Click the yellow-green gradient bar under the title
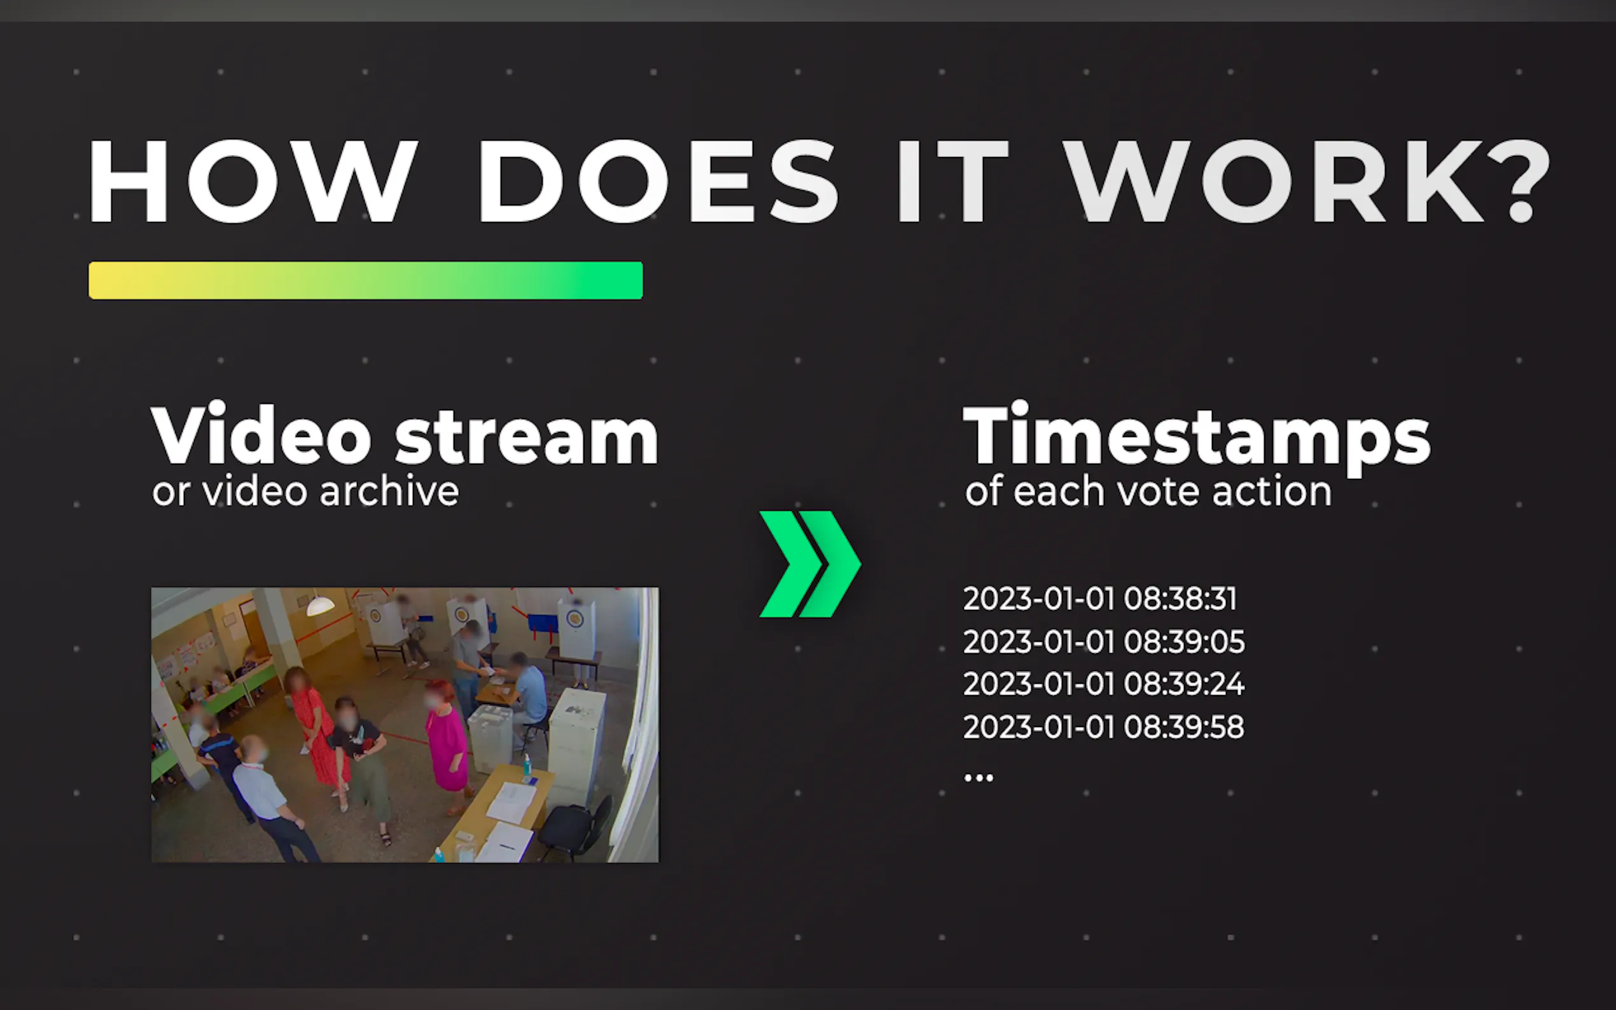pyautogui.click(x=366, y=280)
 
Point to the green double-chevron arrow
pyautogui.click(x=811, y=564)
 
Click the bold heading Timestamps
pyautogui.click(x=1197, y=438)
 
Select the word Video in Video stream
pyautogui.click(x=261, y=434)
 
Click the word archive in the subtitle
pyautogui.click(x=389, y=491)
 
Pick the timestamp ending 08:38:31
pyautogui.click(x=1100, y=598)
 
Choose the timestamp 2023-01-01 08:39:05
pyautogui.click(x=1104, y=641)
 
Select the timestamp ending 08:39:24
pyautogui.click(x=1104, y=684)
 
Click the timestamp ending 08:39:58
pyautogui.click(x=1104, y=727)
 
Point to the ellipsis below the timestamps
pyautogui.click(x=979, y=777)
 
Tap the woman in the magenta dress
pyautogui.click(x=445, y=742)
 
